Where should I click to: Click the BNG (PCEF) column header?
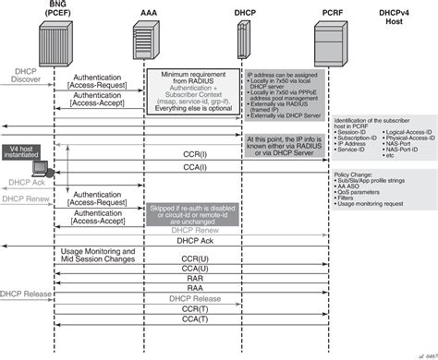55,10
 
